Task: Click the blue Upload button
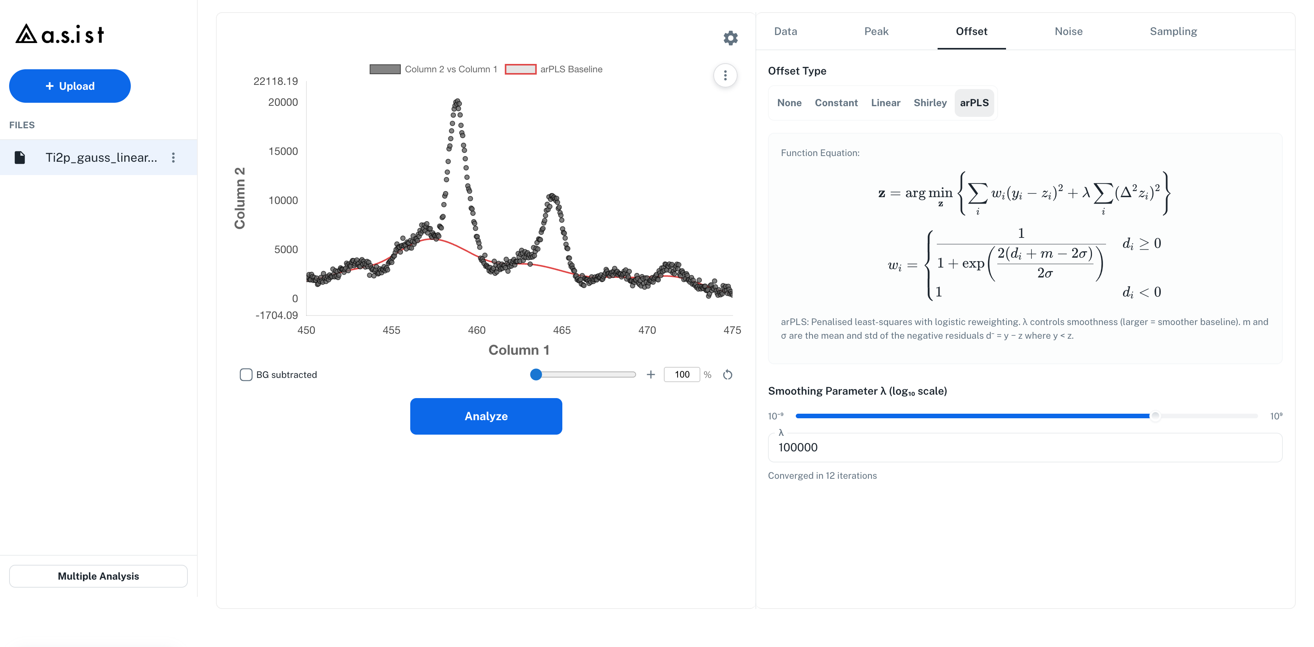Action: [x=70, y=86]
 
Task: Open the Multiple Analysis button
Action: [x=98, y=576]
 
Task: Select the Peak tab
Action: [x=876, y=31]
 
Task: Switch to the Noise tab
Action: [x=1068, y=31]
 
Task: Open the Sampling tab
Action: [x=1173, y=31]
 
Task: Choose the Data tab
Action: [x=786, y=31]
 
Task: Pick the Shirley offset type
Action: [x=930, y=103]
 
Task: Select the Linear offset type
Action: [x=886, y=103]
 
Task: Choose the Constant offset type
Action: [x=836, y=103]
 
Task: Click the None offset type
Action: [x=789, y=103]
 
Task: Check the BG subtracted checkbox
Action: [x=246, y=375]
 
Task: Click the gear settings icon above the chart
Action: [x=730, y=38]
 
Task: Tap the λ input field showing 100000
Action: [x=1025, y=447]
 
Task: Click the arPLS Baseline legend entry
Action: [x=554, y=69]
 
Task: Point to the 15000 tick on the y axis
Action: [x=283, y=151]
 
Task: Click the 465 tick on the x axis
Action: [x=562, y=330]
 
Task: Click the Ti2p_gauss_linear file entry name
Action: [x=101, y=157]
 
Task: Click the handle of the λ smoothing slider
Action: [x=1155, y=416]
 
